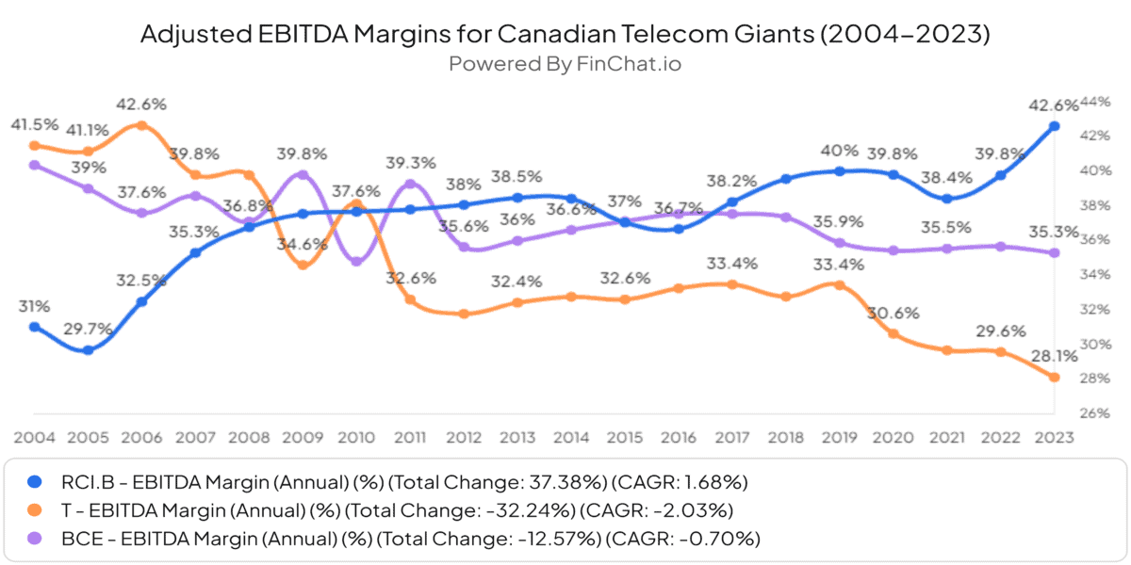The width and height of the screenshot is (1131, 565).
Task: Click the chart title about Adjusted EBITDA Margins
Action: pyautogui.click(x=565, y=34)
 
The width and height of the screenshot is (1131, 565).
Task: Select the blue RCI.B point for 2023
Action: pyautogui.click(x=1055, y=126)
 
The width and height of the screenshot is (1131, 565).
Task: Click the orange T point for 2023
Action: pyautogui.click(x=1055, y=378)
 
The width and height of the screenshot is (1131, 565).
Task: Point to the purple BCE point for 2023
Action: pyautogui.click(x=1055, y=252)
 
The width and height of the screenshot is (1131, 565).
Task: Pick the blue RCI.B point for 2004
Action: pyautogui.click(x=34, y=327)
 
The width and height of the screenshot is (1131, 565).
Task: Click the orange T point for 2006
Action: pyautogui.click(x=141, y=125)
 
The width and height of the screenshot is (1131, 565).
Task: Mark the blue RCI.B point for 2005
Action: pyautogui.click(x=88, y=349)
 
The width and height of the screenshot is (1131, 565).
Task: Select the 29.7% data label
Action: pyautogui.click(x=87, y=329)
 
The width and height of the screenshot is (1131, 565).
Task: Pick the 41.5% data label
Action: pyautogui.click(x=35, y=124)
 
